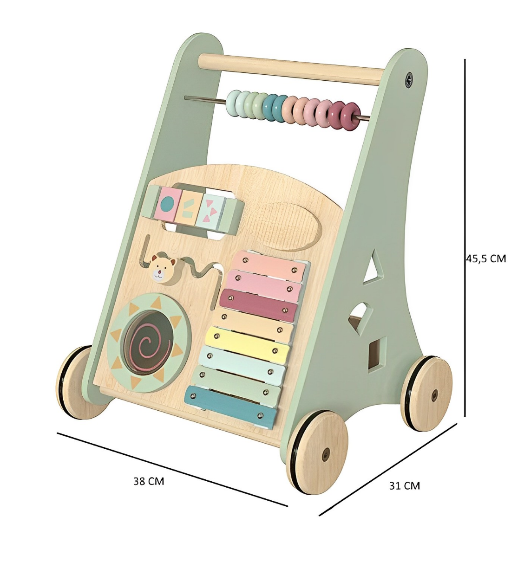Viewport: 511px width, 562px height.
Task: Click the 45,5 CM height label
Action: pos(485,258)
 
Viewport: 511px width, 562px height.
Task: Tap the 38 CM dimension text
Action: pos(149,481)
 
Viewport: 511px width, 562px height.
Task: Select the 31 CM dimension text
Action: pos(404,486)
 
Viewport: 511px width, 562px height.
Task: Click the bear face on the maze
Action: pos(162,269)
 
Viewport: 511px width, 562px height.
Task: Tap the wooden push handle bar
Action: pos(291,69)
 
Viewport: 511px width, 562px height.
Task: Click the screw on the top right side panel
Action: pos(408,79)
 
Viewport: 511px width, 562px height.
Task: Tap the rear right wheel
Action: pos(426,393)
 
